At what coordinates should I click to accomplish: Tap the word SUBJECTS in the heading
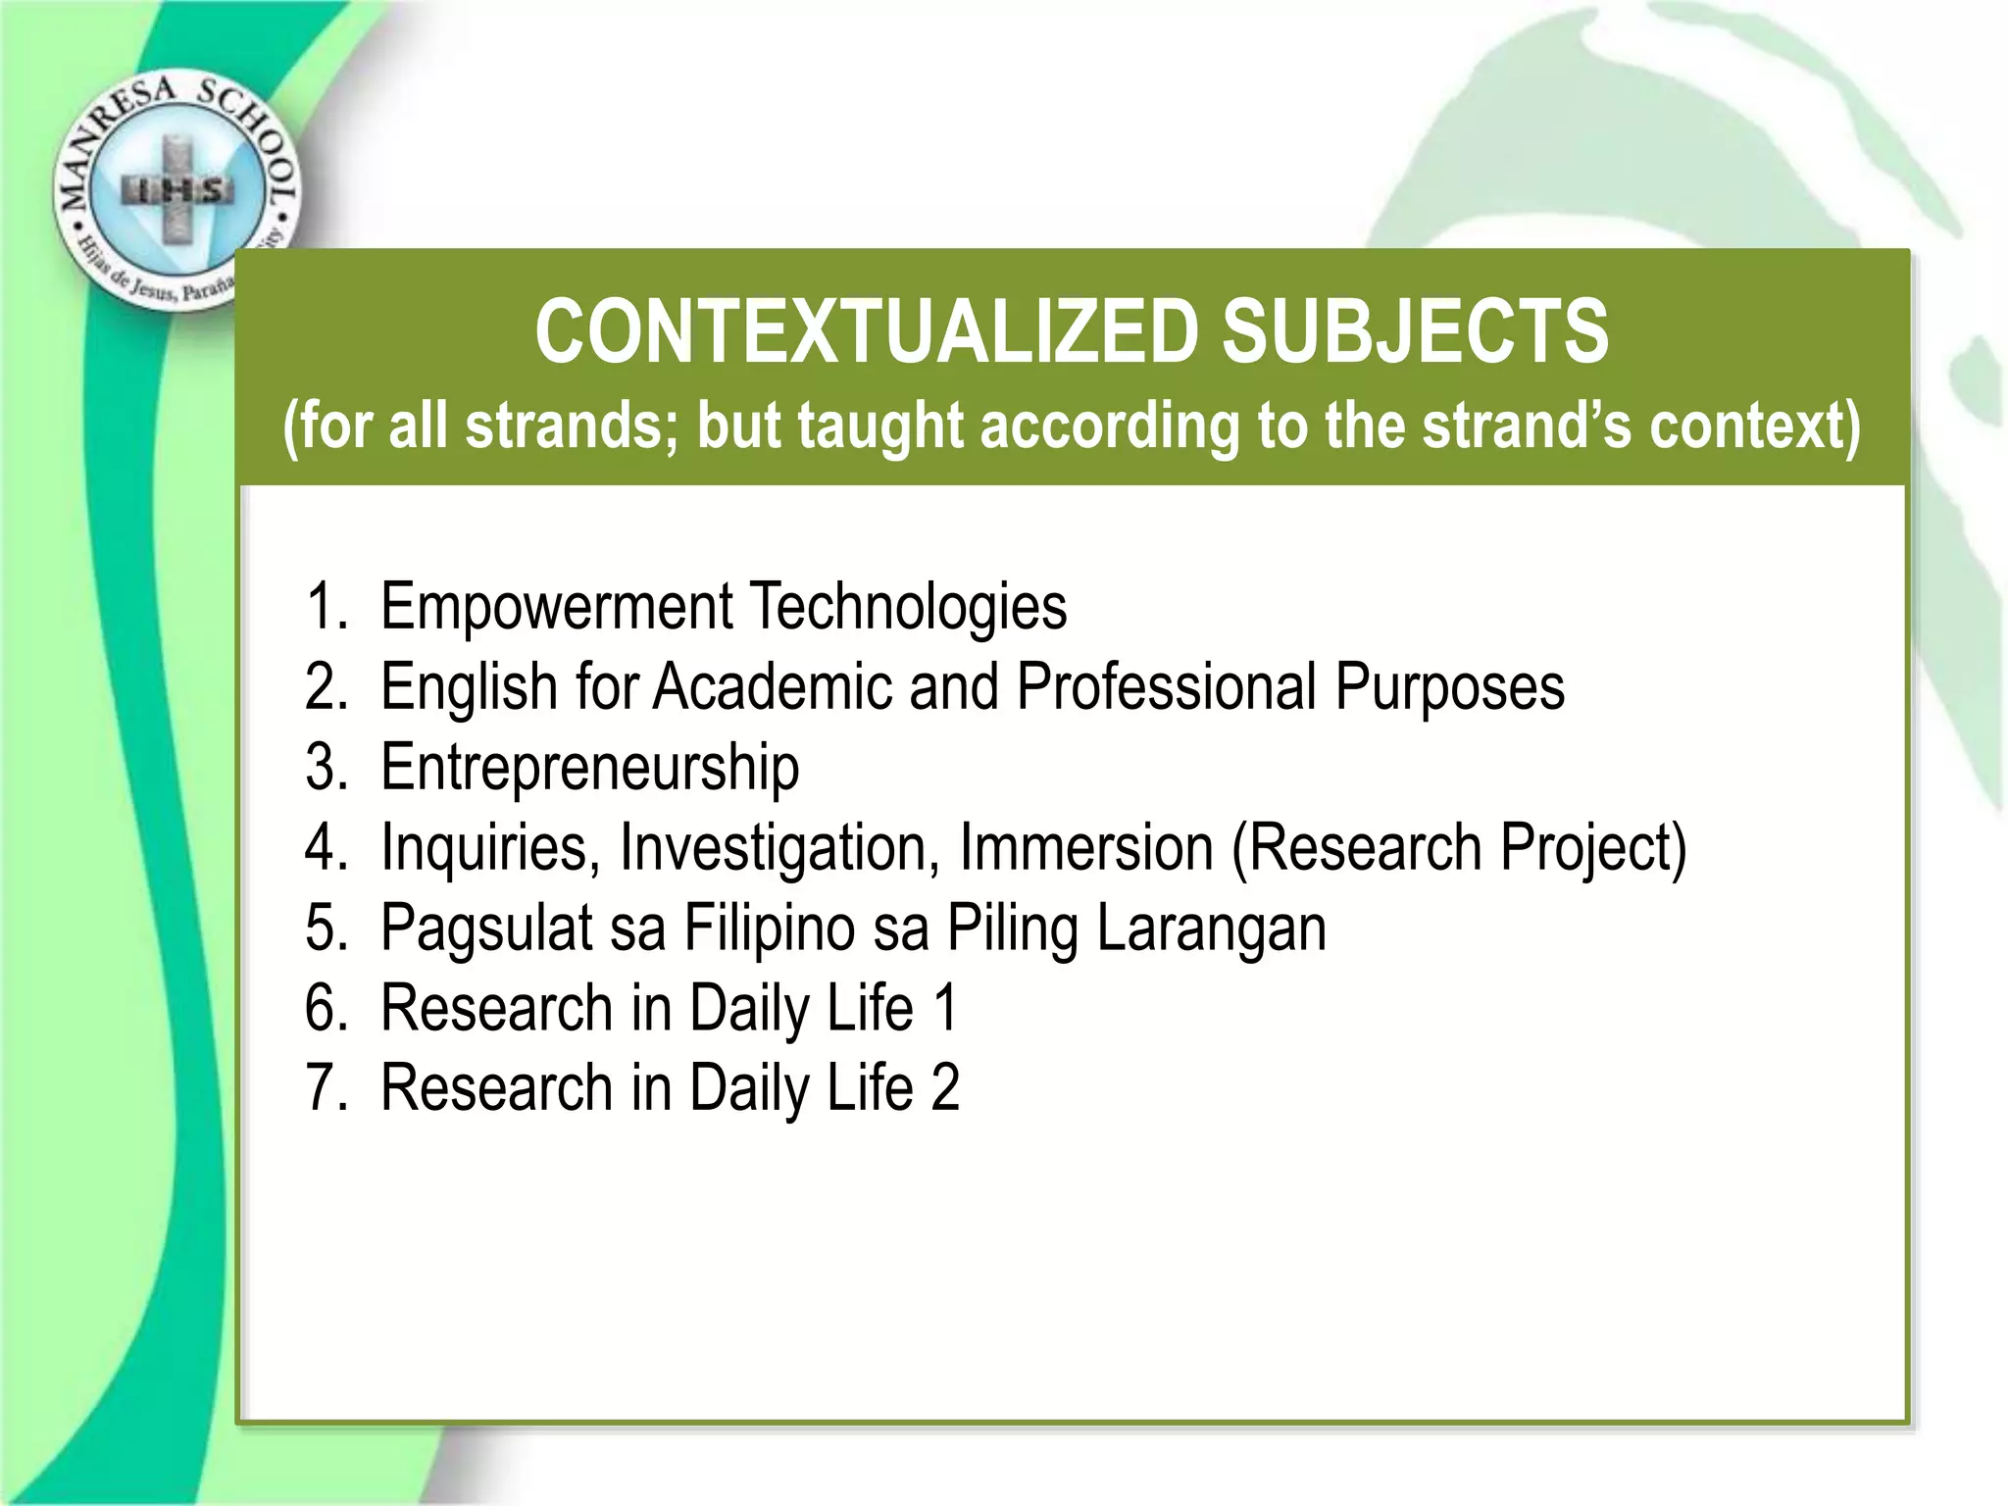(1414, 331)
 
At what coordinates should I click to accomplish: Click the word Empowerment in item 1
(555, 607)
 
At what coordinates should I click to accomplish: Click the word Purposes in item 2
(1449, 686)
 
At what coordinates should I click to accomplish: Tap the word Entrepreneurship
(589, 768)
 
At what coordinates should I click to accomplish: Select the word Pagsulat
(486, 928)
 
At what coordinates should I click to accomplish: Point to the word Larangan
(1211, 928)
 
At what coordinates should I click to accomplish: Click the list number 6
(325, 1008)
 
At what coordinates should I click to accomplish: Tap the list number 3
(325, 768)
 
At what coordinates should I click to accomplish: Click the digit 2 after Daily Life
(944, 1088)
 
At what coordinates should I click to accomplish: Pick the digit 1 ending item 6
(944, 1008)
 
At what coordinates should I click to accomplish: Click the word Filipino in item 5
(770, 928)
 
